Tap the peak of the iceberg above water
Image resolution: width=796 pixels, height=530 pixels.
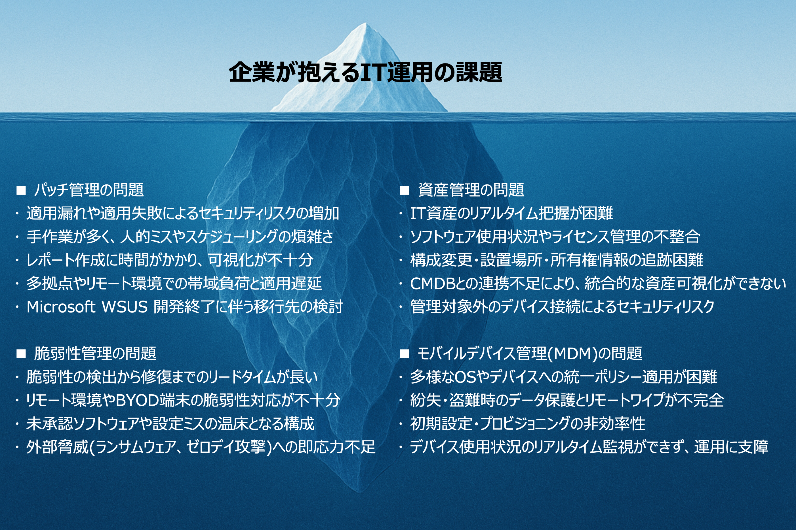365,23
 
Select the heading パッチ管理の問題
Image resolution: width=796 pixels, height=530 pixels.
89,190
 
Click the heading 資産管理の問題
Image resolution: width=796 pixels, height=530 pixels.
471,190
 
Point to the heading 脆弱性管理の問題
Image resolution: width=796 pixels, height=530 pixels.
95,354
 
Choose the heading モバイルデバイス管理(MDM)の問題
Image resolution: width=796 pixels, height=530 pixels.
530,354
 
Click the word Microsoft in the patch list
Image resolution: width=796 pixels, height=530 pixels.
61,307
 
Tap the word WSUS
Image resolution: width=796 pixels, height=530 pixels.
125,307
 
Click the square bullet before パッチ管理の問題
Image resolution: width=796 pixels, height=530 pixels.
21,191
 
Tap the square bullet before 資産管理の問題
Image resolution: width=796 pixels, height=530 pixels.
405,191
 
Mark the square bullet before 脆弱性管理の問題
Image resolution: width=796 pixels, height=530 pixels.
21,354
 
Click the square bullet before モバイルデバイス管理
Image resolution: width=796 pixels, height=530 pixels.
405,354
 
